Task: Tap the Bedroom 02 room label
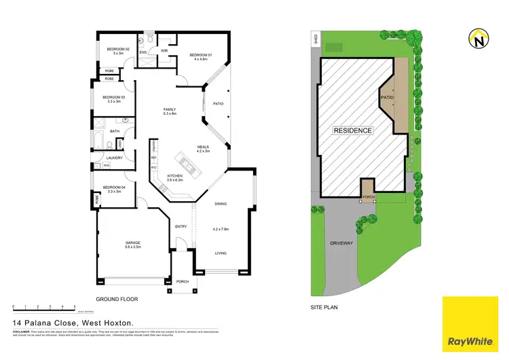[113, 48]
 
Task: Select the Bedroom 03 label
[113, 97]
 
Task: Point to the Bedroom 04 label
[113, 187]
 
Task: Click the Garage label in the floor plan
[132, 242]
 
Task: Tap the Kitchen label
[174, 176]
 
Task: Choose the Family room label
[170, 109]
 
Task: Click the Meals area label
[203, 146]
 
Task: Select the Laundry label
[113, 158]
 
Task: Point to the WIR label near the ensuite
[164, 51]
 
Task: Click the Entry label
[181, 226]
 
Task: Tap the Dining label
[221, 203]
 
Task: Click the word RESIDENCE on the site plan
[352, 130]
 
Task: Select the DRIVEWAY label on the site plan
[343, 242]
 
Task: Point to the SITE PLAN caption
[324, 307]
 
